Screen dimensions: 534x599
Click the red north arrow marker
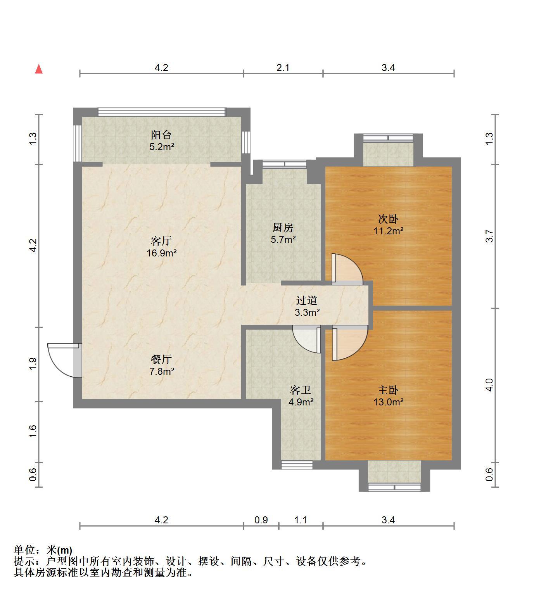(x=39, y=69)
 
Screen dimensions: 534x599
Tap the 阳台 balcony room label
(x=161, y=135)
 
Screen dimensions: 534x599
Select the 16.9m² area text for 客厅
(x=162, y=253)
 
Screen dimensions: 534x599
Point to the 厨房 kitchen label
(x=283, y=227)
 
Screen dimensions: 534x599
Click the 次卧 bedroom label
(x=388, y=219)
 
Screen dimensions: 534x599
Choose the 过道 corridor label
(x=307, y=300)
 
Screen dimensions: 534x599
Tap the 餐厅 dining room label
(x=161, y=359)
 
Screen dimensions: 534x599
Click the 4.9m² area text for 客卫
(x=301, y=402)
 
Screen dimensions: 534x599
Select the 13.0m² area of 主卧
(x=388, y=402)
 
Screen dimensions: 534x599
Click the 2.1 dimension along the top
(x=283, y=68)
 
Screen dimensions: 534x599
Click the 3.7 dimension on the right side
(x=489, y=236)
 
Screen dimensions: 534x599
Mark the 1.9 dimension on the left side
(x=33, y=364)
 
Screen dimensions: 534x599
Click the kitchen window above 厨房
(x=284, y=164)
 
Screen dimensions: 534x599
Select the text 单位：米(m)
(x=43, y=550)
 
